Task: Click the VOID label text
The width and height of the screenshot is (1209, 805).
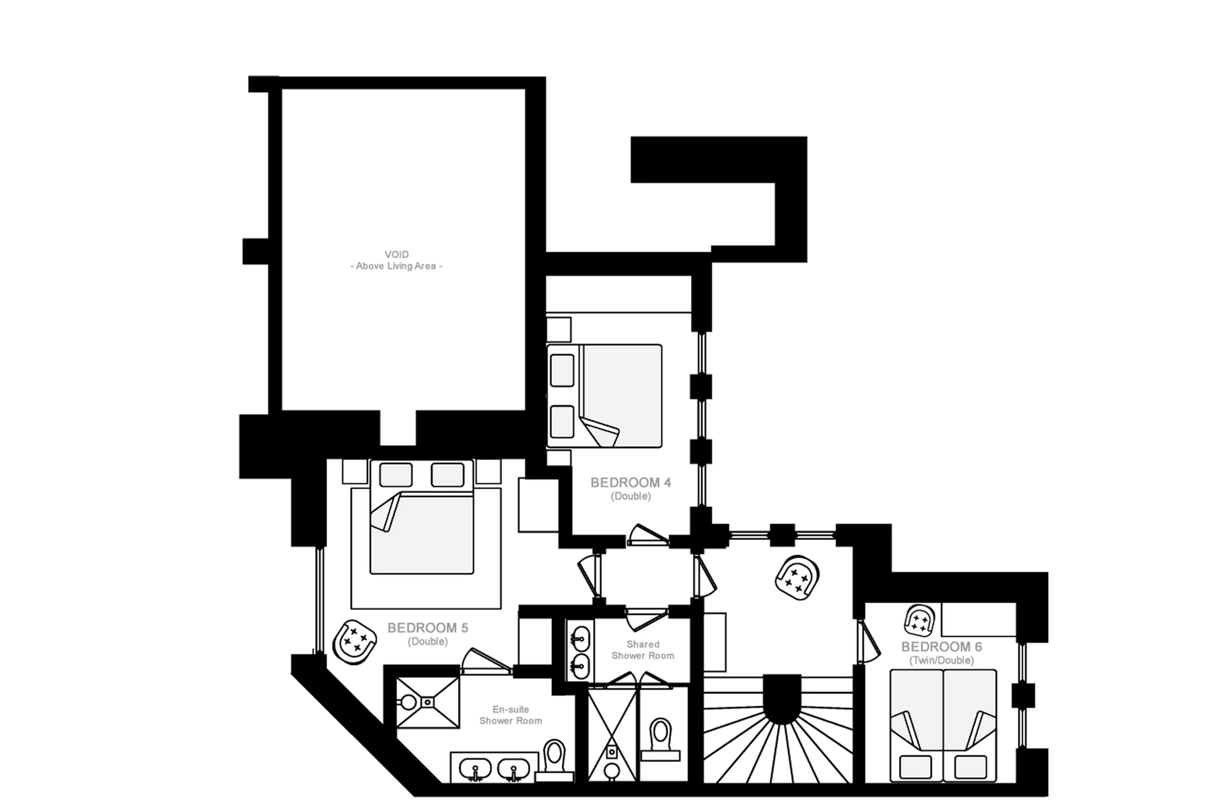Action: point(396,254)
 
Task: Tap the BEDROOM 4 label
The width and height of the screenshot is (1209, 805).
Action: point(630,483)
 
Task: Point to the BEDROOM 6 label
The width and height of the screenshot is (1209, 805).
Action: point(941,647)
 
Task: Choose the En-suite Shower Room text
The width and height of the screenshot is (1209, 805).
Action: point(510,715)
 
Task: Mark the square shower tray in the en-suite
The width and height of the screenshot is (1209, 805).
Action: point(428,702)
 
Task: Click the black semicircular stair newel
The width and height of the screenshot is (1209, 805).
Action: point(781,699)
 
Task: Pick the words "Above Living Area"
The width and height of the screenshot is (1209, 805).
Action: point(396,266)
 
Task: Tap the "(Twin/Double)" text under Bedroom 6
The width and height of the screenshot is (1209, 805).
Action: point(941,661)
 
